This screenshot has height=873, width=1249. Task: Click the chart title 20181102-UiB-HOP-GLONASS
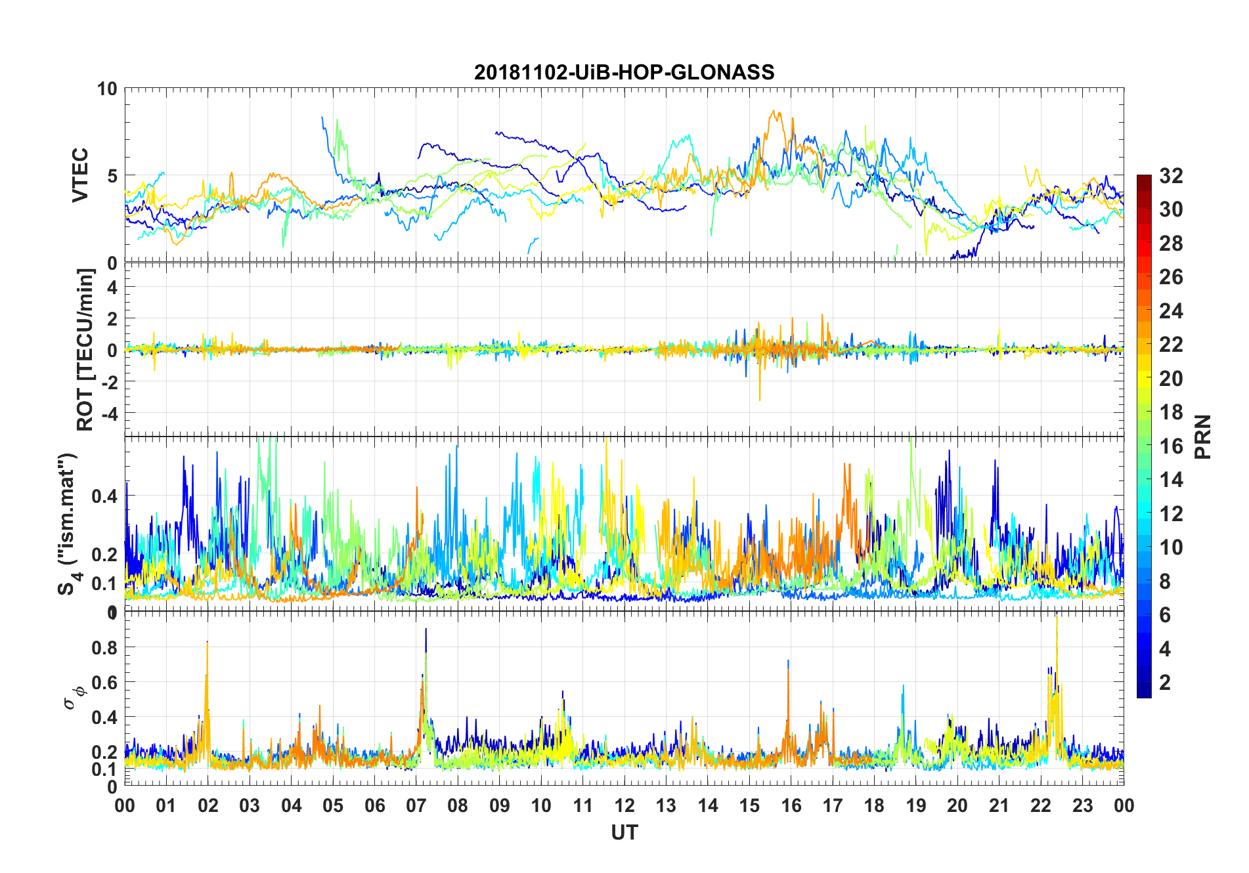624,72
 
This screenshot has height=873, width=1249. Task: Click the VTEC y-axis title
79,175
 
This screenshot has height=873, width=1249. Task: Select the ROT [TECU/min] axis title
85,349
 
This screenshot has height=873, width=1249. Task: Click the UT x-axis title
624,833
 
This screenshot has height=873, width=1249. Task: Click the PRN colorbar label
1202,436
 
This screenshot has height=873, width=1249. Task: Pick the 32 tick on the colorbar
1171,176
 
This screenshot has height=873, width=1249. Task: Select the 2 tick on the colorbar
1165,683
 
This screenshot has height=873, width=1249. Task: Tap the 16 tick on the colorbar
1171,446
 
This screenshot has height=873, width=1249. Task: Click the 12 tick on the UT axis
624,805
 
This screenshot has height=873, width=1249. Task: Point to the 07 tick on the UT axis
416,805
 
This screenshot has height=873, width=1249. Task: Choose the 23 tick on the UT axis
1083,805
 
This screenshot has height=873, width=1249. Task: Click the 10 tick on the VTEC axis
107,89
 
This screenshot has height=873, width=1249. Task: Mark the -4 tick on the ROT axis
109,414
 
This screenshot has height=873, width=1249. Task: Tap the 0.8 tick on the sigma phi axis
104,647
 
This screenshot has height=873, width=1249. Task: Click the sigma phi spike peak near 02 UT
208,643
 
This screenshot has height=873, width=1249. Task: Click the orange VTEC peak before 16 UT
774,112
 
